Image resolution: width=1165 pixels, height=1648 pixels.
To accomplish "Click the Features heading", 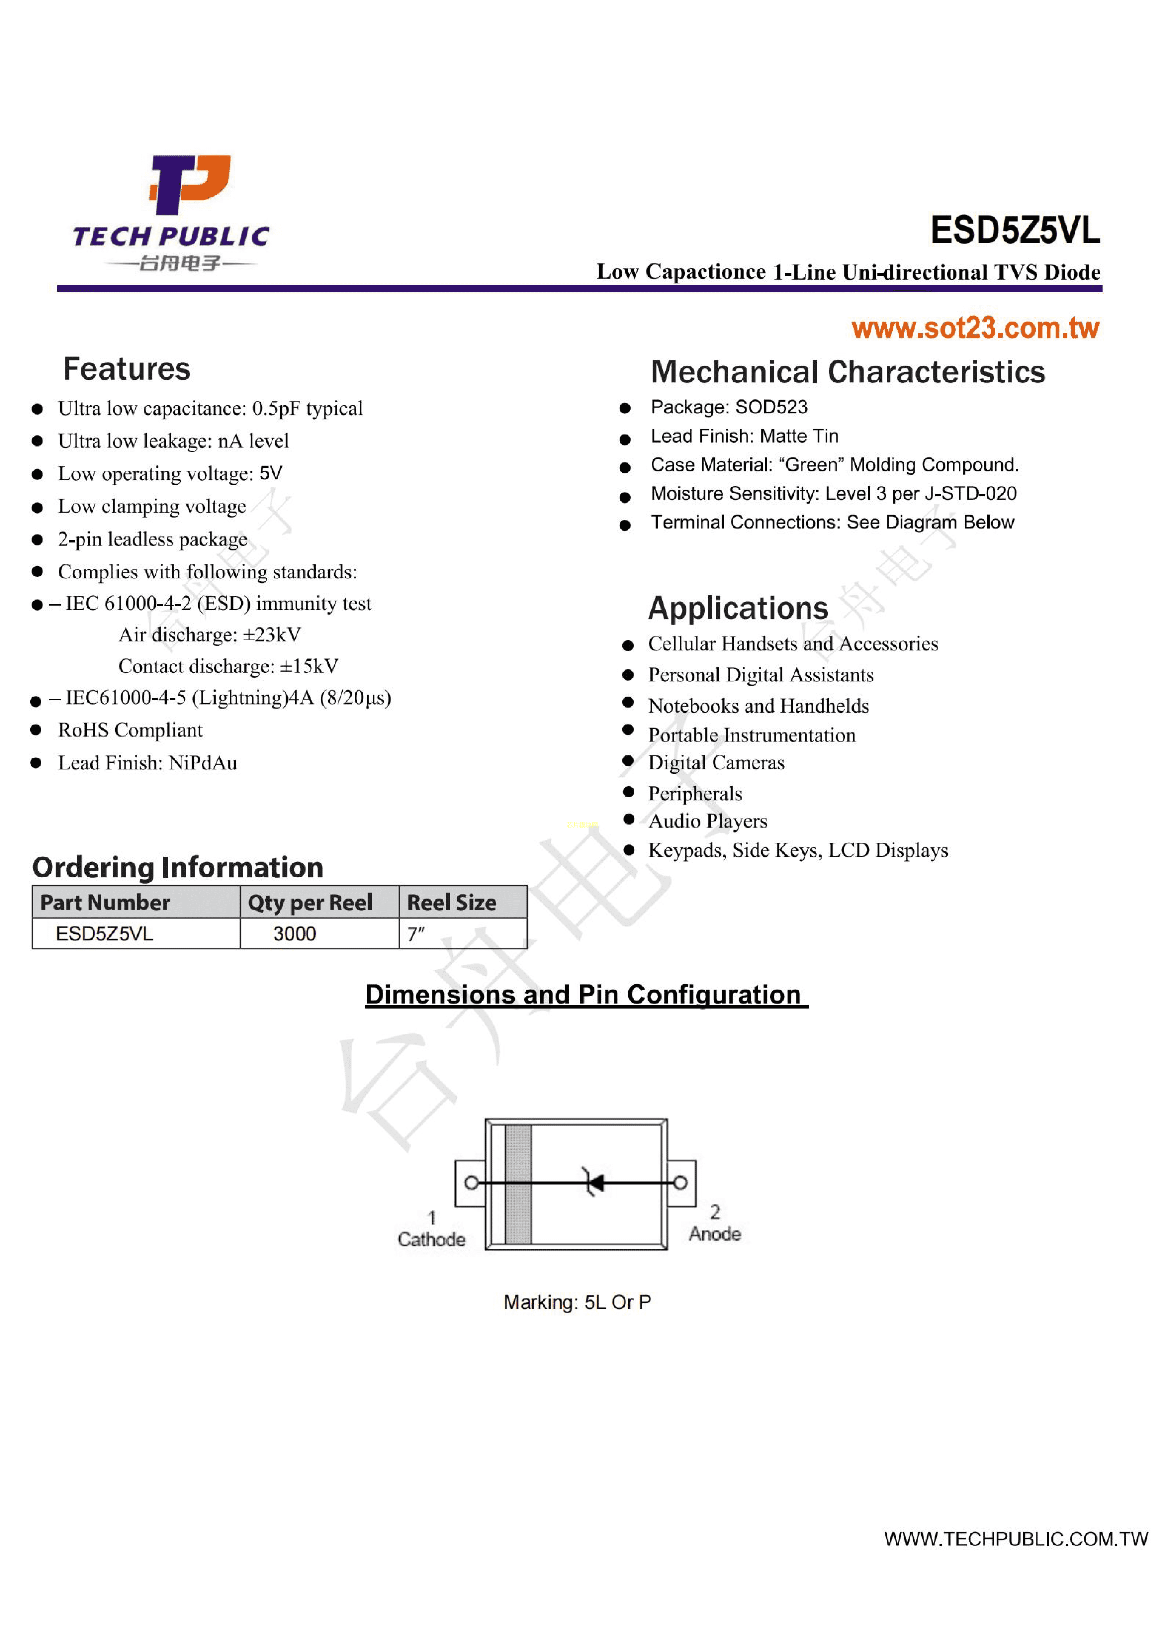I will pyautogui.click(x=127, y=369).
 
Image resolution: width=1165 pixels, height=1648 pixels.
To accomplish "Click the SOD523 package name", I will pyautogui.click(x=771, y=407).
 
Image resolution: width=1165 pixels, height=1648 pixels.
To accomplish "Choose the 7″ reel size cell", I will pyautogui.click(x=416, y=934).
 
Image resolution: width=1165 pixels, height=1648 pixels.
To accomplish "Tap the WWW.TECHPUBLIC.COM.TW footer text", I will pyautogui.click(x=1015, y=1539).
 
